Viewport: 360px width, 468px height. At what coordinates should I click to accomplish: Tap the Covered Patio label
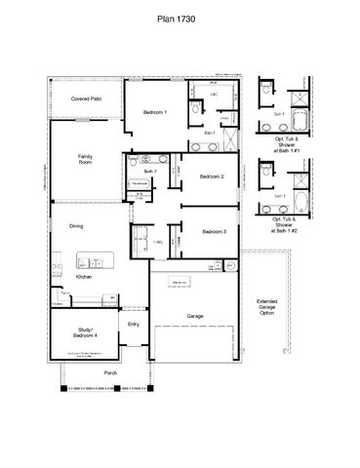[x=87, y=98]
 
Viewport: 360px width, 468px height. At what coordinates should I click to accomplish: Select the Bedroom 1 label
[x=155, y=113]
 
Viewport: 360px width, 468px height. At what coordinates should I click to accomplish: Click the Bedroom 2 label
[x=214, y=176]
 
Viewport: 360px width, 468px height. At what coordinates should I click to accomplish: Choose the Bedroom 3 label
[x=215, y=231]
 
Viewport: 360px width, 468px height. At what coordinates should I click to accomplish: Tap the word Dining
[x=76, y=226]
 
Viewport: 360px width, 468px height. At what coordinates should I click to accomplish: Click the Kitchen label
[x=84, y=278]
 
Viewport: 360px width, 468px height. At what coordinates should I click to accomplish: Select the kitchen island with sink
[x=96, y=260]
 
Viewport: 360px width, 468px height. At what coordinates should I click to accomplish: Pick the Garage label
[x=195, y=316]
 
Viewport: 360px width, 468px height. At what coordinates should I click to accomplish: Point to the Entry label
[x=134, y=325]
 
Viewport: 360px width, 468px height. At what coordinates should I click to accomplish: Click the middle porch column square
[x=116, y=387]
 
